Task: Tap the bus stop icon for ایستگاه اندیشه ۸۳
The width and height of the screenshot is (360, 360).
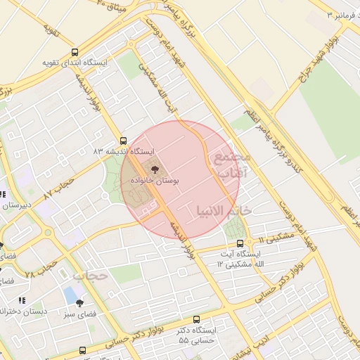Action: coord(124,140)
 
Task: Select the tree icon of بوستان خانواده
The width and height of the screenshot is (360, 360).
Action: coord(154,169)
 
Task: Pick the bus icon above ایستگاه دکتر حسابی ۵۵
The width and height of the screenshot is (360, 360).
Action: coord(196,319)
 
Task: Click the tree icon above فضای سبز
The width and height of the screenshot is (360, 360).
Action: coord(79,303)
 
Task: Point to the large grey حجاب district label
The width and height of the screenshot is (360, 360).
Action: coord(89,275)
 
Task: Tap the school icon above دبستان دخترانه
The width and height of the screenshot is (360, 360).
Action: coord(21,300)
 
